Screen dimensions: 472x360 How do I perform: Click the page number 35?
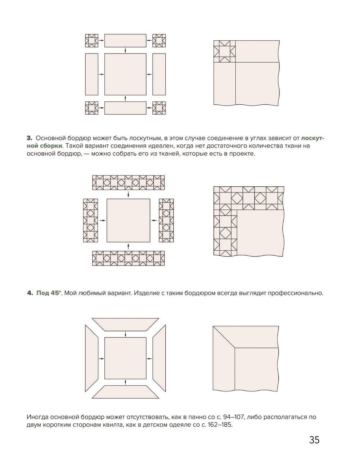pos(314,440)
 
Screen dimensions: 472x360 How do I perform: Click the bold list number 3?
pos(30,138)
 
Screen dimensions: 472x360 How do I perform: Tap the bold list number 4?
pos(30,293)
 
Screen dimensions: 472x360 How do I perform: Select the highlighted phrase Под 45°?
pos(49,293)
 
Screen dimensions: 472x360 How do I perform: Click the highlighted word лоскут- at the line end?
pos(312,138)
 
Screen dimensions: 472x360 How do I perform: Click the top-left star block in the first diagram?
pos(91,40)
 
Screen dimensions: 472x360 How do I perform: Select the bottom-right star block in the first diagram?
pos(159,108)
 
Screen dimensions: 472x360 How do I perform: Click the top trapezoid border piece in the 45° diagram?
pos(125,324)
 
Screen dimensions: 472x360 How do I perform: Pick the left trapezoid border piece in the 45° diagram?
pos(91,358)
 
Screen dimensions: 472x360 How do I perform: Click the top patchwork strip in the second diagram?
pos(129,183)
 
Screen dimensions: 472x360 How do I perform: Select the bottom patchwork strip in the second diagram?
pos(129,259)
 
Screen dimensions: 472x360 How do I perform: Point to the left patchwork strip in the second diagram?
pos(91,221)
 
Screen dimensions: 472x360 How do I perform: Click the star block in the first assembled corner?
pos(224,51)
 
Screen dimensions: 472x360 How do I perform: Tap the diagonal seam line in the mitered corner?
pos(224,337)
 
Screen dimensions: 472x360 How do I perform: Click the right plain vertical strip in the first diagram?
pos(159,74)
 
